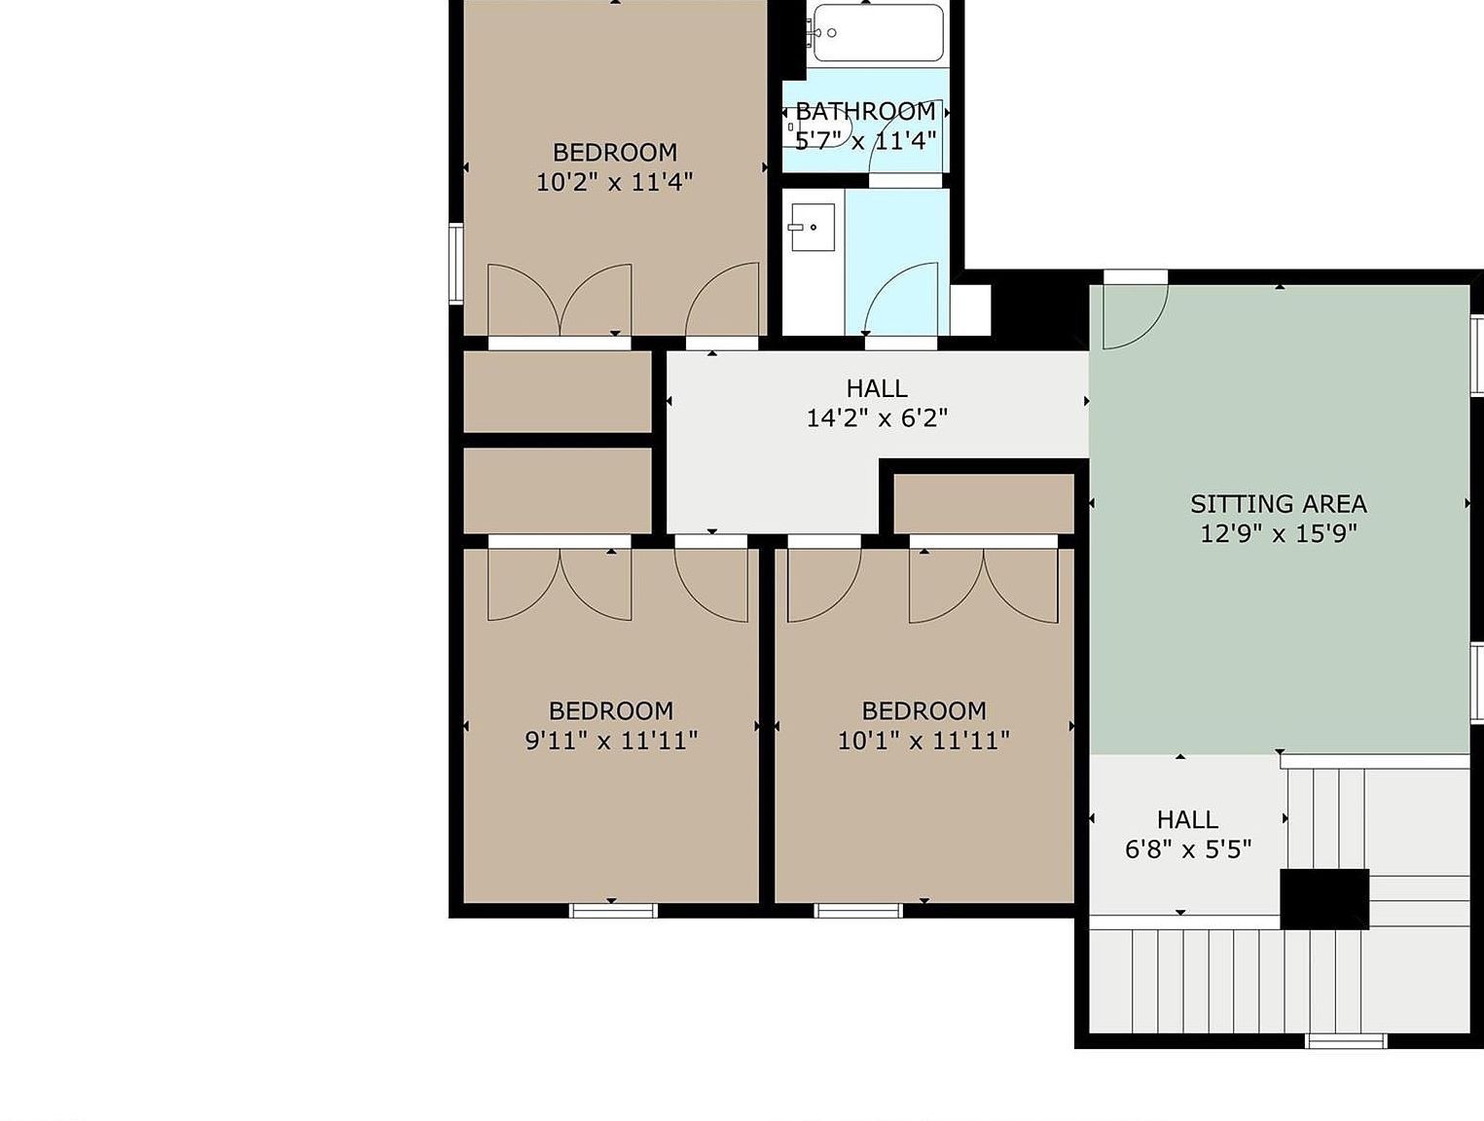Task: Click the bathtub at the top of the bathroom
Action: pos(878,32)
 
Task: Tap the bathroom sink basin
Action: pos(812,227)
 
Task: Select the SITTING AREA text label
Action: pos(1279,504)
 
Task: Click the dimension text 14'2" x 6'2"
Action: pos(877,417)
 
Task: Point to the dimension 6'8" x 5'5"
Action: pos(1188,849)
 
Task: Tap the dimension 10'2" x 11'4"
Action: pos(615,182)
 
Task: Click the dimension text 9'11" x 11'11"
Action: pos(611,741)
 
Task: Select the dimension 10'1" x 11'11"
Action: pos(923,741)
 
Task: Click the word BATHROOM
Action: pos(865,111)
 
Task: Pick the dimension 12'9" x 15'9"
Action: pos(1279,534)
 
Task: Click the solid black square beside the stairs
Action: pos(1324,899)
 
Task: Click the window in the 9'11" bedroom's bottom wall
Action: pos(613,910)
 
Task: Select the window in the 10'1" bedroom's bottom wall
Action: pos(858,910)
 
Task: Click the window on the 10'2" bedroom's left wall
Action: pos(456,263)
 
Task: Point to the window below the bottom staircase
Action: pos(1346,1060)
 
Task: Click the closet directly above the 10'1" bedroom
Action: pos(984,504)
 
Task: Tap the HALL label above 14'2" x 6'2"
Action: pos(877,388)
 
